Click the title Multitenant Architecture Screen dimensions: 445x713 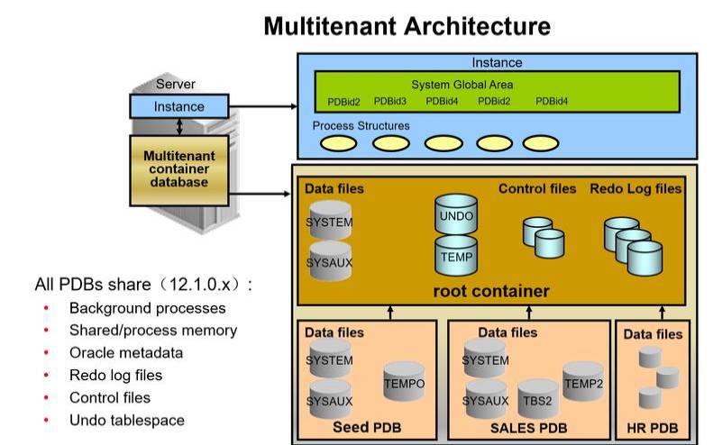(x=407, y=26)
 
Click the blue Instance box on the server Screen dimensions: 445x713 (x=179, y=106)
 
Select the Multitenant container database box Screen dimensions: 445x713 (x=179, y=168)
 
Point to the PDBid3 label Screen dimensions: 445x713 (x=389, y=101)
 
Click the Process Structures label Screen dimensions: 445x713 (x=361, y=126)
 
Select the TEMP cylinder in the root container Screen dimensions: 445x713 (x=455, y=255)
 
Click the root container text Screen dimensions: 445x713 (x=491, y=291)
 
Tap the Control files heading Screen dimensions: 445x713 (x=537, y=189)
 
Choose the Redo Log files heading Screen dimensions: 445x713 (x=635, y=189)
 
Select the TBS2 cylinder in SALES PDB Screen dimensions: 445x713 (x=538, y=400)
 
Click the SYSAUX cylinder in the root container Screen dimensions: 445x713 (x=329, y=261)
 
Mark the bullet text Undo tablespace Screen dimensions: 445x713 (x=126, y=420)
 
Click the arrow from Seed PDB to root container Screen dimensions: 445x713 (x=390, y=312)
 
